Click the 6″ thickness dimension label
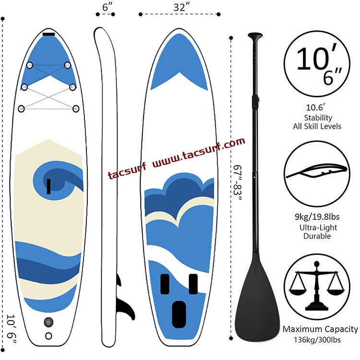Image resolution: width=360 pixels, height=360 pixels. point(107,9)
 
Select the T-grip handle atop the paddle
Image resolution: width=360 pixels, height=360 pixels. point(255,36)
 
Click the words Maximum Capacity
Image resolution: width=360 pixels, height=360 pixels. point(320,329)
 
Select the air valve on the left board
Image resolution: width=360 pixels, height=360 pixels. point(48,322)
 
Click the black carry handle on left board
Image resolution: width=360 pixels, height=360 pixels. point(48,186)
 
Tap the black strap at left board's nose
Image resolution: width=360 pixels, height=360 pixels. point(48,34)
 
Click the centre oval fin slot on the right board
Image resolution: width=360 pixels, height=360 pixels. point(179,308)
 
